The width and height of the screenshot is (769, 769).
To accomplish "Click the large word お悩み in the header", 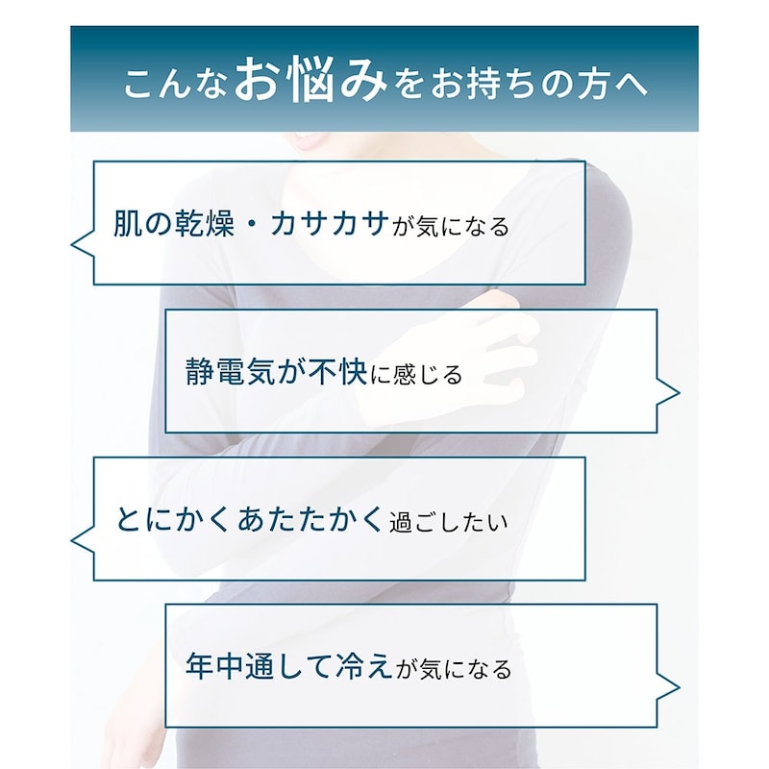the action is pos(310,80).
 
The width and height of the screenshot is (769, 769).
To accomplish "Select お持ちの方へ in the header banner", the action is pos(539,84).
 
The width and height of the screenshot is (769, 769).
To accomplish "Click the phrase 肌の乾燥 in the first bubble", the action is pos(174,224).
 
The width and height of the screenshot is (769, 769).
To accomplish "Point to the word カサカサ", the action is pos(330,224).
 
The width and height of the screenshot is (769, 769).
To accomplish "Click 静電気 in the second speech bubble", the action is pos(231,371).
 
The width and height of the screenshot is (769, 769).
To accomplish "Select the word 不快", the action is pos(338,371).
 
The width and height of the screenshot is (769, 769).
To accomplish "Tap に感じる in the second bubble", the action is pos(416,375).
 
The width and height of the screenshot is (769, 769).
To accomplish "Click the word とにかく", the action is pos(173,519).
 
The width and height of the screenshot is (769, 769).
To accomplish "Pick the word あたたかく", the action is pos(310,519).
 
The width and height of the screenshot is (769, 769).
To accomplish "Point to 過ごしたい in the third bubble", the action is pos(448,523).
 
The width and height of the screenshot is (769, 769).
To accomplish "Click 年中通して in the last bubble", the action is pos(258,666).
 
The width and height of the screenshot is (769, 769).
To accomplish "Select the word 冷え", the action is pos(363,666).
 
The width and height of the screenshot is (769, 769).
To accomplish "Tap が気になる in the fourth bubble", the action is pos(454,669).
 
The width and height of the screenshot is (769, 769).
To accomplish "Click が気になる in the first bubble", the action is pos(451,227).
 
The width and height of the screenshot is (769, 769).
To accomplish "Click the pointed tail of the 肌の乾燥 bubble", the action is pos(72,244).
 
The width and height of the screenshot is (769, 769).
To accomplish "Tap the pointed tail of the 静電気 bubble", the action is pos(679,392).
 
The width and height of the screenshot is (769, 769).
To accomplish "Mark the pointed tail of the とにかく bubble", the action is pos(72,540).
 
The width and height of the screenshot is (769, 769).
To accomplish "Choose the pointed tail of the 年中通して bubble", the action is pos(679,687).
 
